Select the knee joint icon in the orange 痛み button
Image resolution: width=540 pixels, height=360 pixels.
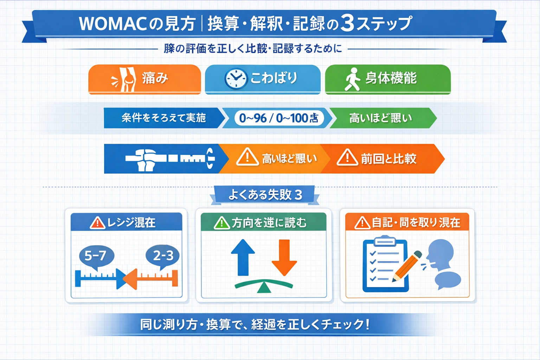coord(128,79)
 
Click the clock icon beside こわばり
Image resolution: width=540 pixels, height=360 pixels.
coord(235,78)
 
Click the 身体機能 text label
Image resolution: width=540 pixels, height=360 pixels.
coord(391,78)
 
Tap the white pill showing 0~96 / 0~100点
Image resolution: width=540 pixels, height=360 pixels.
coord(279,118)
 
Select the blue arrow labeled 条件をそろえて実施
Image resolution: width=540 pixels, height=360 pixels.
coord(163,118)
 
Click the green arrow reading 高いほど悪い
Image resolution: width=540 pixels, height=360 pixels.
coord(381,118)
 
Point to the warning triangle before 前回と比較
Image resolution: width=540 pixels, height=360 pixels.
coord(347,157)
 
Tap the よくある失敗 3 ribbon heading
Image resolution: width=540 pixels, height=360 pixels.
coord(265,194)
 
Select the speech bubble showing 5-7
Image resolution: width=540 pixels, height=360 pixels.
coord(96,256)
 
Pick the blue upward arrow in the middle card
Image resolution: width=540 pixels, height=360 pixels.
coord(243,257)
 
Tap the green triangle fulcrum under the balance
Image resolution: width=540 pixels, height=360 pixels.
coord(264,288)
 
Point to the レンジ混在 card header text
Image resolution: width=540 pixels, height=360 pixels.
coord(131,223)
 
